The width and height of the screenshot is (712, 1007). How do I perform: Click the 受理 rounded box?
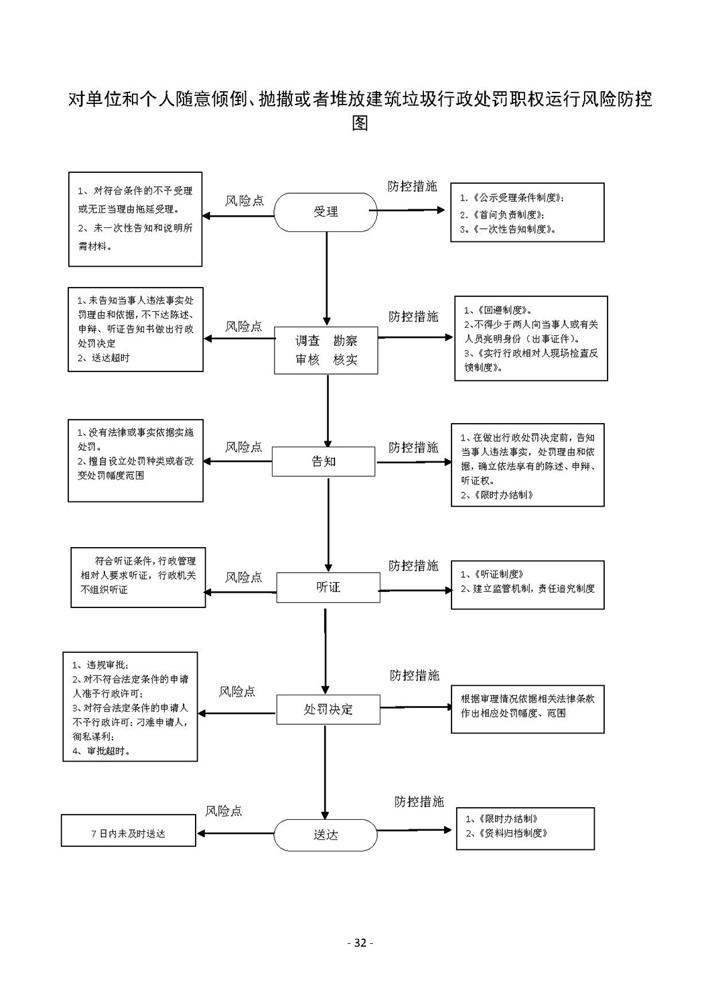(x=326, y=212)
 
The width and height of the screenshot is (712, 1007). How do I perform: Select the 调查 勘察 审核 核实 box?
(x=326, y=350)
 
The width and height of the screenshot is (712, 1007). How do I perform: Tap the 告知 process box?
(x=324, y=461)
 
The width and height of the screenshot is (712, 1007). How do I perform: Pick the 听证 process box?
(x=328, y=587)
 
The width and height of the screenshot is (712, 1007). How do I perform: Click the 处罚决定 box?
(x=328, y=709)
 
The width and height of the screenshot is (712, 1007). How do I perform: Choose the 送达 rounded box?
(x=326, y=835)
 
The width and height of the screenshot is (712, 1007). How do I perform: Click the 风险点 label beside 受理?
(x=244, y=200)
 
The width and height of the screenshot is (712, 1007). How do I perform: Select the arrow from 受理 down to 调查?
(x=327, y=279)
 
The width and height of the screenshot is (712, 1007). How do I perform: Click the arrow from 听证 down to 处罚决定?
(x=326, y=651)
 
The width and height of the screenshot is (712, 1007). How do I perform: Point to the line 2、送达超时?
(x=104, y=358)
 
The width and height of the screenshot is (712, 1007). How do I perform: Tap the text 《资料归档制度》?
(x=513, y=833)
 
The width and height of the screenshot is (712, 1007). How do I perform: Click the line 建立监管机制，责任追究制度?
(x=534, y=589)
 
